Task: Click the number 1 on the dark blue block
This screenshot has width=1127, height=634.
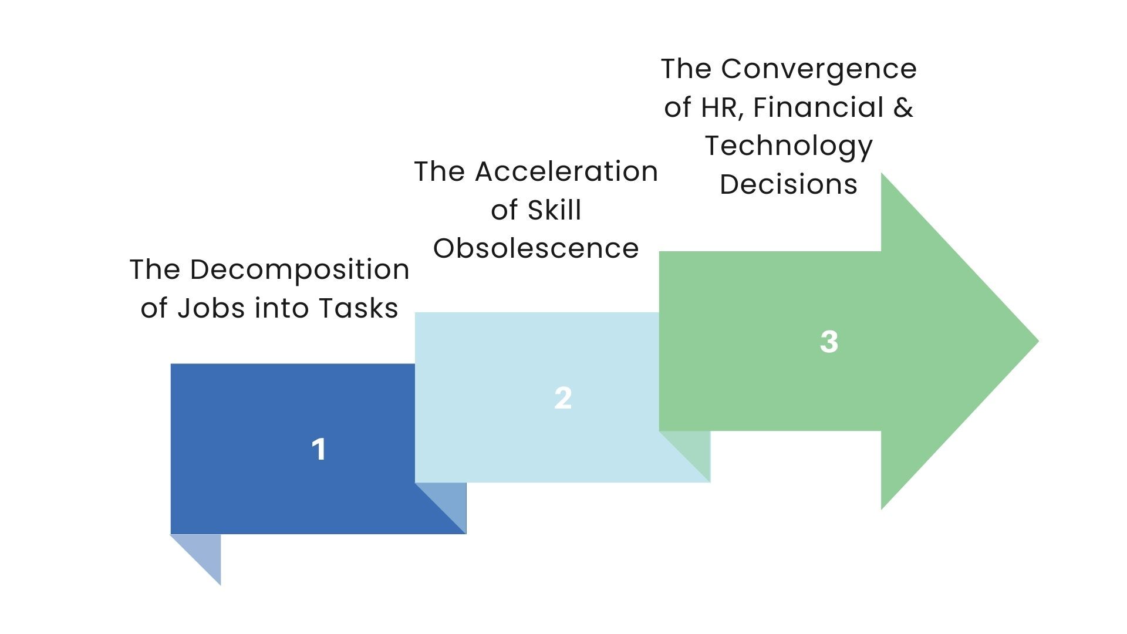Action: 319,450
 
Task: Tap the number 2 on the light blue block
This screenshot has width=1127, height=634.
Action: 563,398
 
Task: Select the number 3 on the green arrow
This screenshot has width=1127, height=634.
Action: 829,342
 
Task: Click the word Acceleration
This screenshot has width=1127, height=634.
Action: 566,171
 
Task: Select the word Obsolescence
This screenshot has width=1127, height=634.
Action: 536,248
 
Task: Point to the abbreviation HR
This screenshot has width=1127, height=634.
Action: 723,107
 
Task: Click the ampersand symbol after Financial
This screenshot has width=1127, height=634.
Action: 904,107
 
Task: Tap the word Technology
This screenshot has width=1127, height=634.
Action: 789,147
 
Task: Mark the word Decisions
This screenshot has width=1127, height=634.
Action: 788,184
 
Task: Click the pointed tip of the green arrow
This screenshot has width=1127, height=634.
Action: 1038,341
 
